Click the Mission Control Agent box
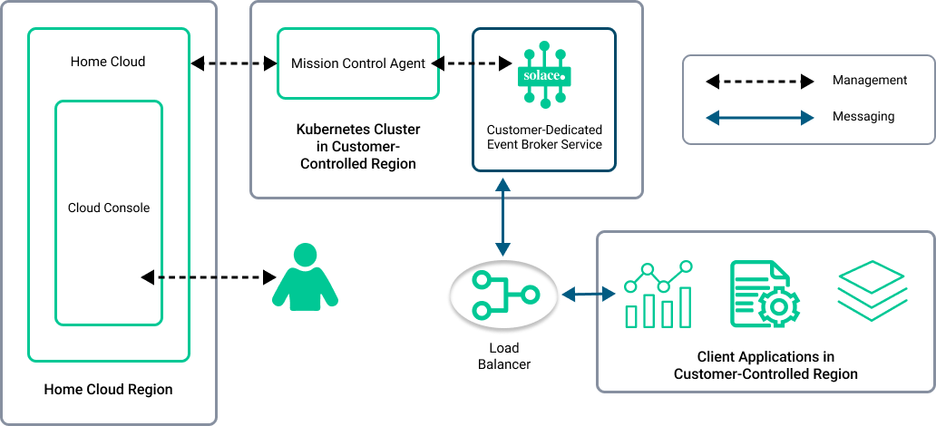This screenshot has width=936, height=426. click(357, 63)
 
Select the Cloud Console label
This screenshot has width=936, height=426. click(109, 208)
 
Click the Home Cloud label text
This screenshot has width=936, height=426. click(108, 62)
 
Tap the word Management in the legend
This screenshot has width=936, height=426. click(869, 81)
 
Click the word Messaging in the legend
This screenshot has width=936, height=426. click(863, 116)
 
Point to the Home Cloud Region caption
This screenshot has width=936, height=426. click(108, 390)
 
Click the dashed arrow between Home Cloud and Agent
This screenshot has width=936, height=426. click(233, 63)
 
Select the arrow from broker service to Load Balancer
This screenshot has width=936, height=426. click(501, 217)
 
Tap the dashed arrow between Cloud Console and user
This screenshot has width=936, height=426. click(208, 276)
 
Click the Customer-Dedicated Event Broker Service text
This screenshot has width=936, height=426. click(544, 137)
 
